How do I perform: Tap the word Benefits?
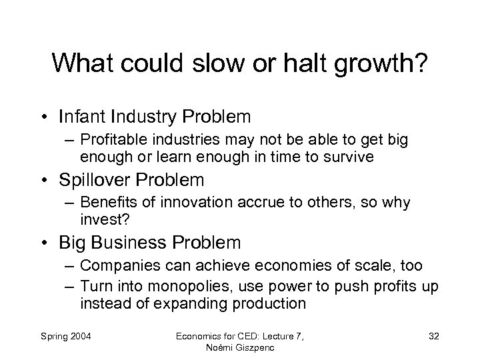pyautogui.click(x=105, y=203)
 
